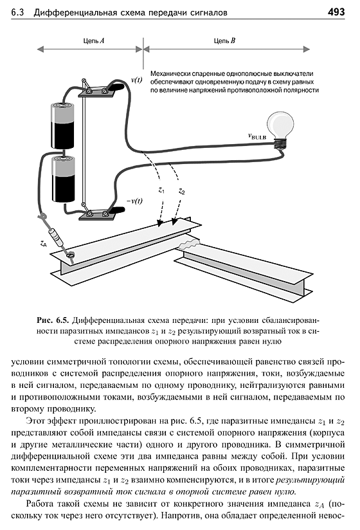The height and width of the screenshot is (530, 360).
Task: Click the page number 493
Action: (x=336, y=12)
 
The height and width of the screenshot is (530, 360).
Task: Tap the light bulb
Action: (x=280, y=130)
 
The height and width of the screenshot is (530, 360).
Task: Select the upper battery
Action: (x=62, y=125)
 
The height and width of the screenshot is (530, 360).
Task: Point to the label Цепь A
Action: (x=94, y=41)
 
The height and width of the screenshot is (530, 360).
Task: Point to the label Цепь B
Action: (x=224, y=41)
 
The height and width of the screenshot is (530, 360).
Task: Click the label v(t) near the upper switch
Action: (x=136, y=80)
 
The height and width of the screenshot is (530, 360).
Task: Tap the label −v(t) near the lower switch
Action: (x=134, y=201)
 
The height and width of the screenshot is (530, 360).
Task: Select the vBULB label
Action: (x=257, y=136)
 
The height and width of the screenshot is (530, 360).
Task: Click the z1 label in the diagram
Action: (x=161, y=190)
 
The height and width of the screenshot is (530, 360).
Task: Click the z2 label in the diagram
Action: (x=181, y=191)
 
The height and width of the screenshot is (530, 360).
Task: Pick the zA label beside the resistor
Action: (x=43, y=242)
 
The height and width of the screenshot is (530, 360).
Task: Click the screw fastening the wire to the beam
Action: (x=71, y=256)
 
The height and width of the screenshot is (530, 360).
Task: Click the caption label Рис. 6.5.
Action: (x=52, y=320)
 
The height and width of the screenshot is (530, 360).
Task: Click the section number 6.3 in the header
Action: (x=17, y=13)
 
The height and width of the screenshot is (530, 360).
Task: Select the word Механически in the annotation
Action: (x=170, y=74)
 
